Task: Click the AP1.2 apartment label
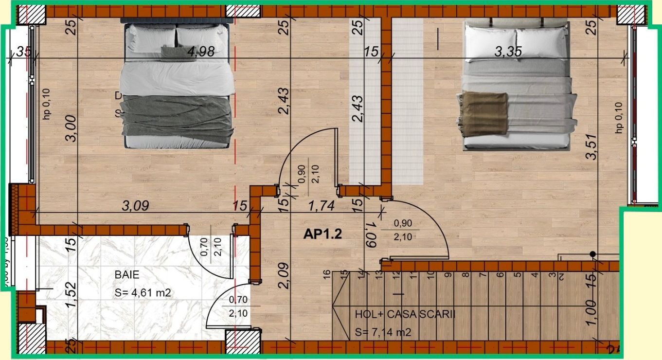pyautogui.click(x=322, y=234)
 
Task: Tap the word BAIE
pyautogui.click(x=127, y=275)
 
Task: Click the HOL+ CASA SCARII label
pyautogui.click(x=405, y=314)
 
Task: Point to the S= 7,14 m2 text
pyautogui.click(x=384, y=333)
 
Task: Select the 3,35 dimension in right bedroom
pyautogui.click(x=508, y=52)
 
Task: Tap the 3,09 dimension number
pyautogui.click(x=135, y=206)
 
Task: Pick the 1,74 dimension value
pyautogui.click(x=322, y=206)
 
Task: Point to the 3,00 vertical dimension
pyautogui.click(x=71, y=128)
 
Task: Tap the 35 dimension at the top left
pyautogui.click(x=22, y=52)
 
